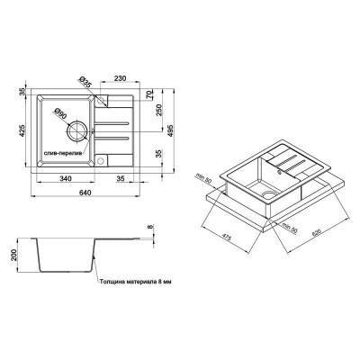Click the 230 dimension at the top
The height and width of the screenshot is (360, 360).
tap(131, 77)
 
